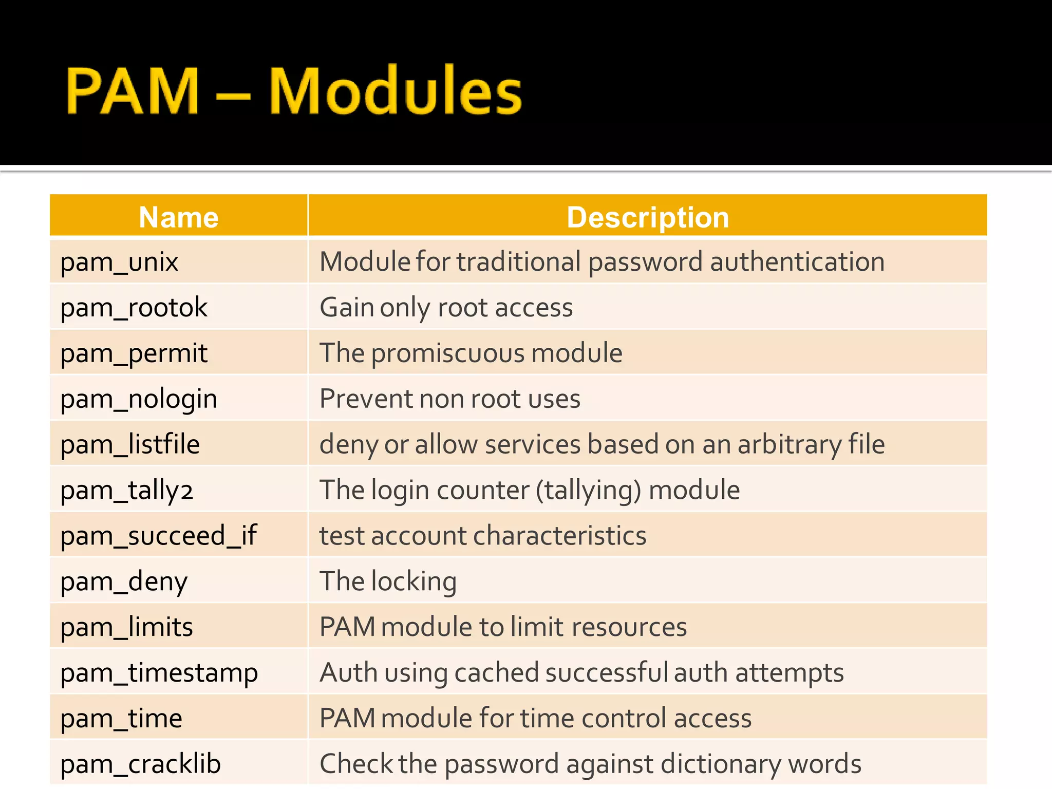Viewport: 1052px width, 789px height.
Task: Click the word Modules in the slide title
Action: pyautogui.click(x=394, y=91)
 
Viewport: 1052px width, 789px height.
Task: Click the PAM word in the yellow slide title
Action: pyautogui.click(x=132, y=91)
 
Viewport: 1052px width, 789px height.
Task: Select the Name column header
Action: pyautogui.click(x=179, y=217)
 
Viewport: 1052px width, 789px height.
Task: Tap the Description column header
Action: pyautogui.click(x=648, y=217)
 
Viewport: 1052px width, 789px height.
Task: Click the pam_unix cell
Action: pyautogui.click(x=119, y=262)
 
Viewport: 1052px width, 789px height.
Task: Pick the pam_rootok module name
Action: pyautogui.click(x=134, y=308)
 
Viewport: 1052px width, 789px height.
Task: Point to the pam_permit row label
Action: pyautogui.click(x=134, y=353)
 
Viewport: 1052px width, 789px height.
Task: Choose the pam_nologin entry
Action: pyautogui.click(x=139, y=399)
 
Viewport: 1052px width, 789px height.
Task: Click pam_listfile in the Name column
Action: pyautogui.click(x=130, y=444)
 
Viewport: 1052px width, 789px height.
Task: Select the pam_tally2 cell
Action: pyautogui.click(x=127, y=490)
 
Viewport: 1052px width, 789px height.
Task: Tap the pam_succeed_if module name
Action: pyautogui.click(x=158, y=536)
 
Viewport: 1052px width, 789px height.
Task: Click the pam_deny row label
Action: pyautogui.click(x=124, y=581)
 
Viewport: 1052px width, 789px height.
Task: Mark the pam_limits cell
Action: pyautogui.click(x=126, y=627)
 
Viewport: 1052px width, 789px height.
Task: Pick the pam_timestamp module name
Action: pyautogui.click(x=159, y=673)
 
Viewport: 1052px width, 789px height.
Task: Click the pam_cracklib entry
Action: pyautogui.click(x=140, y=764)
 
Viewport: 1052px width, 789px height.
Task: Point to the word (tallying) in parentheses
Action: pyautogui.click(x=589, y=490)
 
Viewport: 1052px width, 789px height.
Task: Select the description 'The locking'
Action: pyautogui.click(x=388, y=581)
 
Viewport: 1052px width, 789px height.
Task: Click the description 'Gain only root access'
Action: pyautogui.click(x=446, y=308)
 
